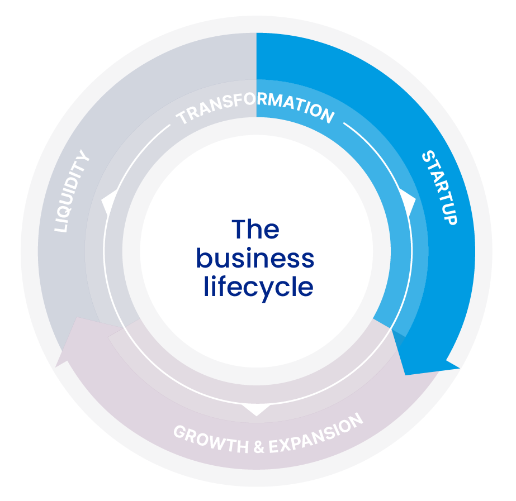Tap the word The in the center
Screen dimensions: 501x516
coord(255,230)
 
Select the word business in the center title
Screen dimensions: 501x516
coord(255,259)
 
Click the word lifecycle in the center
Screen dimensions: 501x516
coord(258,287)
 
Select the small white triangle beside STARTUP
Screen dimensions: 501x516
coord(408,201)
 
